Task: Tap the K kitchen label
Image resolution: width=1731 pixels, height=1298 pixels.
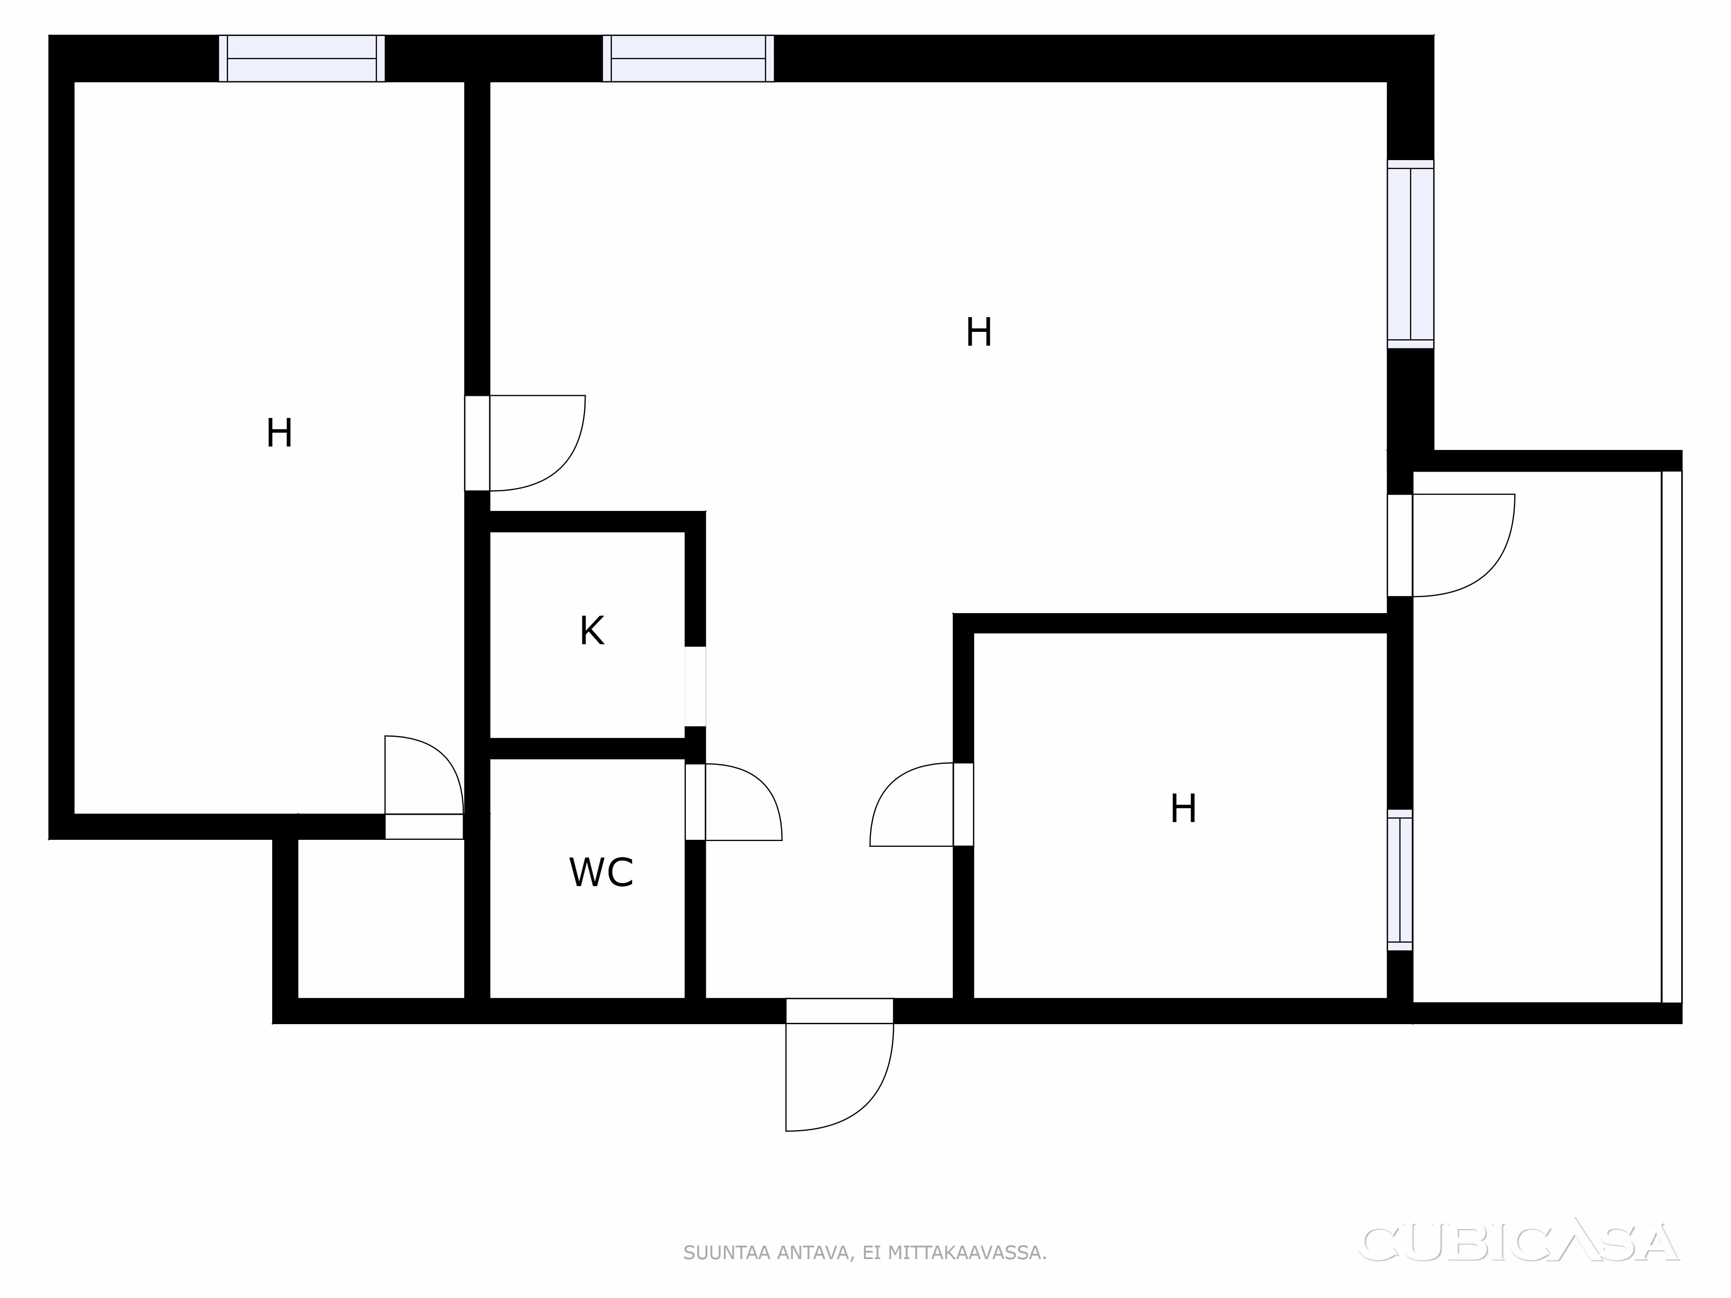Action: click(x=592, y=631)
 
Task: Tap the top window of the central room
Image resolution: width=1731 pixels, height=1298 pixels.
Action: click(x=688, y=59)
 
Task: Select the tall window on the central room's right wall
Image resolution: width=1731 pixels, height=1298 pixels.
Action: click(x=1410, y=254)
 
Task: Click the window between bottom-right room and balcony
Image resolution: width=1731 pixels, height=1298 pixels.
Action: click(x=1400, y=880)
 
